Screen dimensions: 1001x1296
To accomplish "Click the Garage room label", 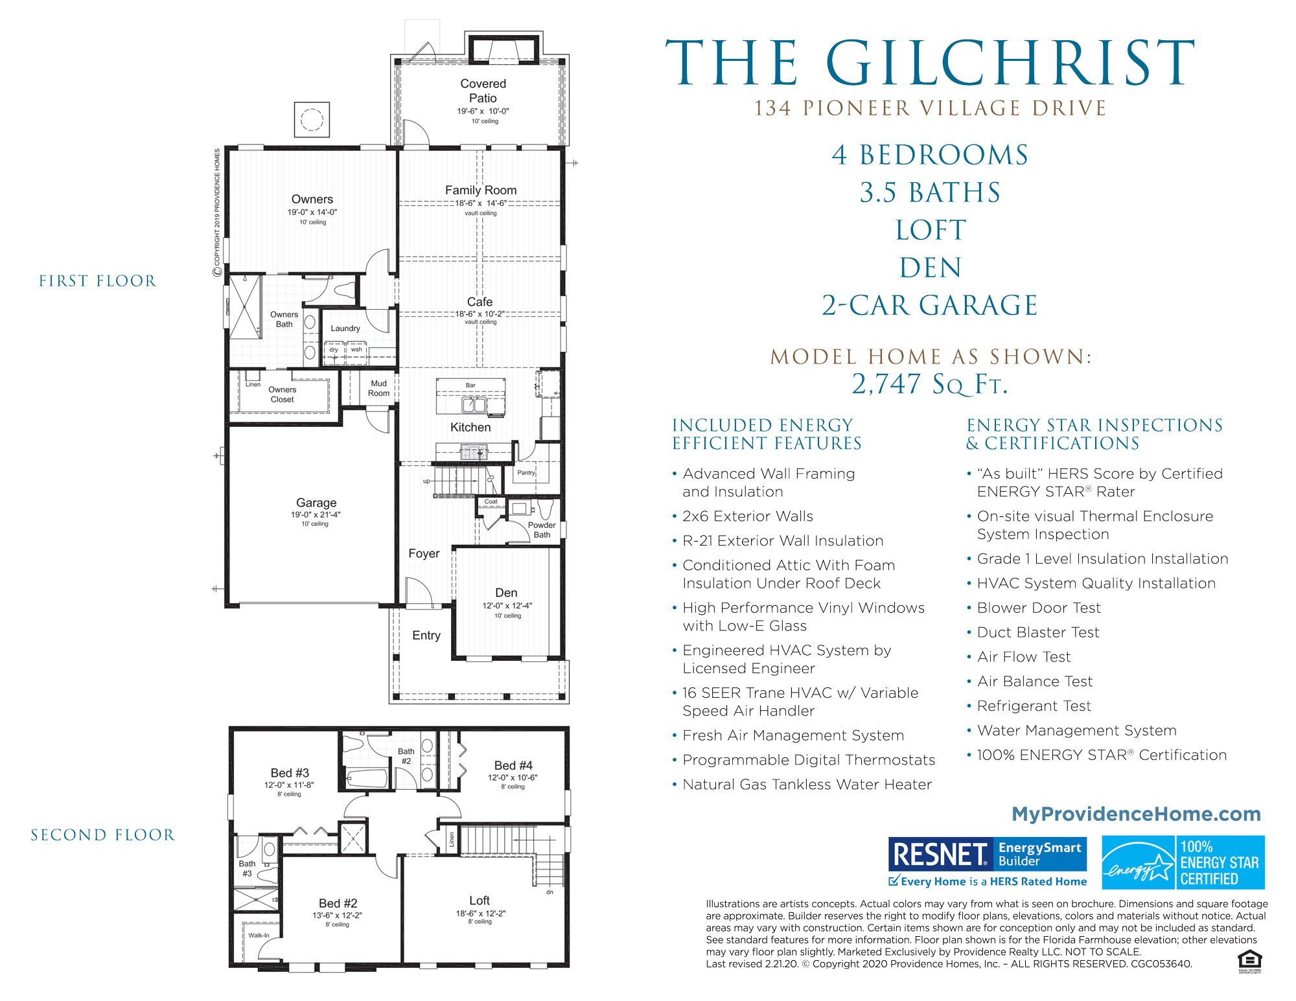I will (316, 502).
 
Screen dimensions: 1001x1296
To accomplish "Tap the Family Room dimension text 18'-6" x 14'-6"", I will (480, 203).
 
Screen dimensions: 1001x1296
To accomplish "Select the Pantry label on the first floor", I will (526, 472).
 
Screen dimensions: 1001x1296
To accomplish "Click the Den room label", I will (506, 592).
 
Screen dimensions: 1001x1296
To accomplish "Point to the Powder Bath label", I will (542, 529).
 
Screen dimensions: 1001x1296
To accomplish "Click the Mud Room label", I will (378, 388).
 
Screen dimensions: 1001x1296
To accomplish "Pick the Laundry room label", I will (345, 328).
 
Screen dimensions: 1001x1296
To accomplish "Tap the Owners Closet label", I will (282, 394).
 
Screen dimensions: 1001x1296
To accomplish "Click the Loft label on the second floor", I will (480, 900).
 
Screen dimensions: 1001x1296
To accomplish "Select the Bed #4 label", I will (513, 765).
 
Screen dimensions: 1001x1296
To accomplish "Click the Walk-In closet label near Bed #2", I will (259, 935).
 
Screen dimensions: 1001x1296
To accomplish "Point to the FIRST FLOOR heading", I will (97, 281).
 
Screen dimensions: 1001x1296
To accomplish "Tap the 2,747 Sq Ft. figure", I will (929, 384).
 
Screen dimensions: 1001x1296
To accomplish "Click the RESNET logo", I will (939, 854).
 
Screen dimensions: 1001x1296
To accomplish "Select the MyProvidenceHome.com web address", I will (1136, 814).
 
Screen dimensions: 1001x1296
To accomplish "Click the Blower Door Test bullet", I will (1038, 608).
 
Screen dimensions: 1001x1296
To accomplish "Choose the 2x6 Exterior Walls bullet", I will (747, 516).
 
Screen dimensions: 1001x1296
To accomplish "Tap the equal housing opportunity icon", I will (1249, 960).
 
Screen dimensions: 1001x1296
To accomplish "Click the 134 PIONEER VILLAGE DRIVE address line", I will (930, 108).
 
